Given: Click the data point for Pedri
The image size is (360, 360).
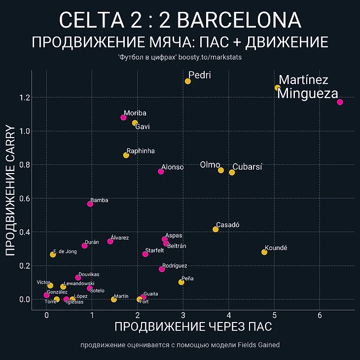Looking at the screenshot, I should tap(188, 81).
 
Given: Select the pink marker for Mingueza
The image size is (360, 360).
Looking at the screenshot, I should tap(340, 102).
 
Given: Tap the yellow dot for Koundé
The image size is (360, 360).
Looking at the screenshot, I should tap(264, 252).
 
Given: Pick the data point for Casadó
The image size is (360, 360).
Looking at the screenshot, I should tap(216, 229).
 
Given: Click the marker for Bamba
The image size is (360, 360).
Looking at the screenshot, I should tap(90, 204).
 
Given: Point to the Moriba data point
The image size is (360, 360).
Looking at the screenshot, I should tap(123, 117).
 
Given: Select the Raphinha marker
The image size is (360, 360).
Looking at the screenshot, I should tap(126, 155).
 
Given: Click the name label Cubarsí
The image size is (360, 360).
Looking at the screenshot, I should tap(247, 167).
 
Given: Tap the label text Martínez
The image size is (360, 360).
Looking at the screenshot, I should tap(303, 80).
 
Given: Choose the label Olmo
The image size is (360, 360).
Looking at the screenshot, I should tap(210, 165).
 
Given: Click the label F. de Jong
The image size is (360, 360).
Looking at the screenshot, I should tap(65, 252).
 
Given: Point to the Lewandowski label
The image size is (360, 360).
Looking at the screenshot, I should tap(79, 284).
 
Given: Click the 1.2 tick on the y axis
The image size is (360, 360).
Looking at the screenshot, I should tap(22, 98).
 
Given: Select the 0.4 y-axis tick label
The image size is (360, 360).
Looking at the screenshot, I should tap(22, 232).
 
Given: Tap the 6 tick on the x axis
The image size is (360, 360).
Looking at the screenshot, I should tap(320, 316).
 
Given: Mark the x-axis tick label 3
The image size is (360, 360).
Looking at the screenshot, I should tap(183, 316).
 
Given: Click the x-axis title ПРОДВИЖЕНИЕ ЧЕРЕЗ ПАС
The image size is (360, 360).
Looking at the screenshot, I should tap(193, 327).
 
